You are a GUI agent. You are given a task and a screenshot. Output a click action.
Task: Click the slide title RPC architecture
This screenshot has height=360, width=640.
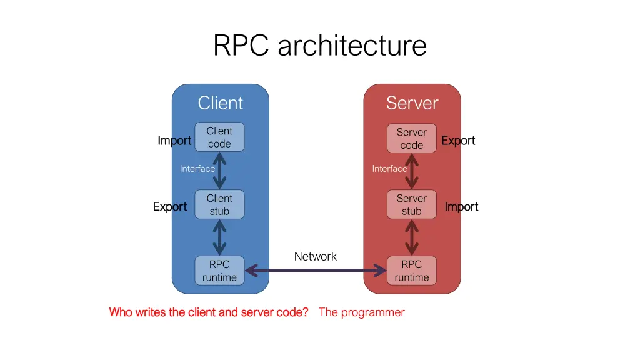click(x=319, y=46)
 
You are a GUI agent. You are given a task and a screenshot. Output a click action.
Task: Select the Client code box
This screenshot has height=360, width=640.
click(x=219, y=137)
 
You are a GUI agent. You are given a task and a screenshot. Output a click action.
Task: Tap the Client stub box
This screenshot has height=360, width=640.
click(x=219, y=204)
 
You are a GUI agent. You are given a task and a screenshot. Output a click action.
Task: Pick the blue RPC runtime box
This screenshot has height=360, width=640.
click(x=219, y=271)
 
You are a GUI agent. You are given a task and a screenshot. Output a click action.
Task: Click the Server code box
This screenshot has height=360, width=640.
click(x=412, y=138)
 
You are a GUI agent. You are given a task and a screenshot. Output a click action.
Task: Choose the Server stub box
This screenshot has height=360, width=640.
click(x=412, y=204)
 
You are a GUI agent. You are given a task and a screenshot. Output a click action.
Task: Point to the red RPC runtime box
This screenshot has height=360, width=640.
click(x=412, y=271)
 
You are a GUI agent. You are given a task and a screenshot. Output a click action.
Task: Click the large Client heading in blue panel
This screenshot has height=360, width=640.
click(x=220, y=102)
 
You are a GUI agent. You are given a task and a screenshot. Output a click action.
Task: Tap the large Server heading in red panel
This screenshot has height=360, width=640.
click(x=412, y=102)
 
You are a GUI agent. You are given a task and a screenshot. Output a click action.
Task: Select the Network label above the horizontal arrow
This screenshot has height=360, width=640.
click(x=315, y=256)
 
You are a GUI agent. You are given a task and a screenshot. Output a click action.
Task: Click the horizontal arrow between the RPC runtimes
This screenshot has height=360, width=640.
click(x=316, y=271)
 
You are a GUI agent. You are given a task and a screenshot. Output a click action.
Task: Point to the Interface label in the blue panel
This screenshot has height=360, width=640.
click(x=197, y=168)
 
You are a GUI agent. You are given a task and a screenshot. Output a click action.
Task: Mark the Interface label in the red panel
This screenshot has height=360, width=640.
click(x=389, y=168)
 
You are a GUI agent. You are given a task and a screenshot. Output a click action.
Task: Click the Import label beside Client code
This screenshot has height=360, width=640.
click(x=174, y=141)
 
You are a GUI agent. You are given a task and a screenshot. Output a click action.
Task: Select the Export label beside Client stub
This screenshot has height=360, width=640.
click(x=170, y=206)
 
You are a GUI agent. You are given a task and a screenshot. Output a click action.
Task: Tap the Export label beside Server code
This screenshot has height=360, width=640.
click(x=458, y=141)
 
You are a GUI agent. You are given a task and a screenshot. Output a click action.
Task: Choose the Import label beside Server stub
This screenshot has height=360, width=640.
click(x=461, y=206)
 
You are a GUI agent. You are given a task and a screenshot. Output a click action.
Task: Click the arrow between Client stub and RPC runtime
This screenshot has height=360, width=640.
click(x=219, y=237)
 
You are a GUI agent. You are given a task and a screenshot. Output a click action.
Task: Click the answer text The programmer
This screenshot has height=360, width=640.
click(x=361, y=312)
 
